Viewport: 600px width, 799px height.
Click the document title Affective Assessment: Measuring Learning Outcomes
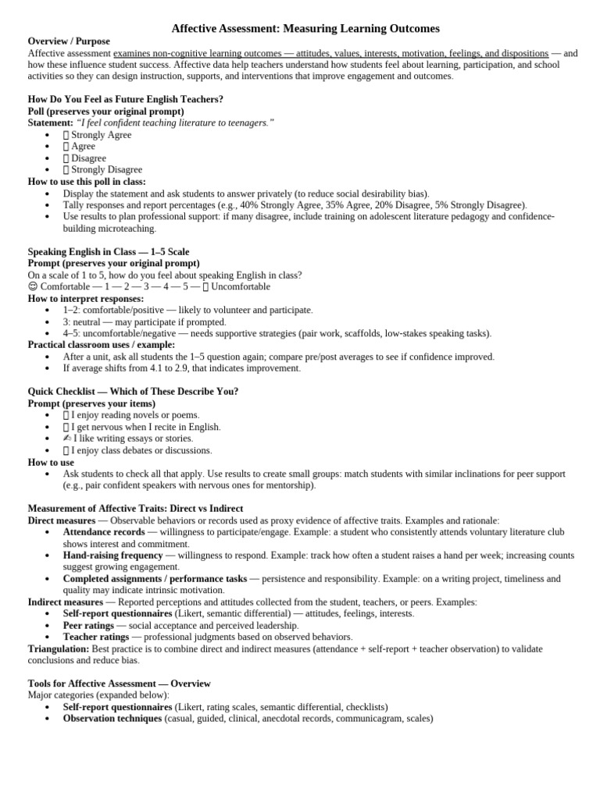305,29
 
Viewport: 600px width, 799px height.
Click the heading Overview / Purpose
69,41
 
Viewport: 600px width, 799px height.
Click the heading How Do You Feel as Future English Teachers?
126,100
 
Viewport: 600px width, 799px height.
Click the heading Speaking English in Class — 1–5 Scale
109,252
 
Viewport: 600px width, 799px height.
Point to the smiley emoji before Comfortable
33,287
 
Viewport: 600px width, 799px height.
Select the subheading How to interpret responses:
86,299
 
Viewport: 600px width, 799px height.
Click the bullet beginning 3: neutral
145,322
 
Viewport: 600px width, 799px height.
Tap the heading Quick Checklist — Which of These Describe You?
133,392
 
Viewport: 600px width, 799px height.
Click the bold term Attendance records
104,532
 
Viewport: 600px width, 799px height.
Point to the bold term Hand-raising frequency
112,556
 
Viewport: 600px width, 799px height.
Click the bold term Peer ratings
89,626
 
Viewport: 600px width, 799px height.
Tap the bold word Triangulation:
59,649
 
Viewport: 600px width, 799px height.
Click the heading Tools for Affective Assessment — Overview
120,684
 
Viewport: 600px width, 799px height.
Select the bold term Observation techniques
112,719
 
